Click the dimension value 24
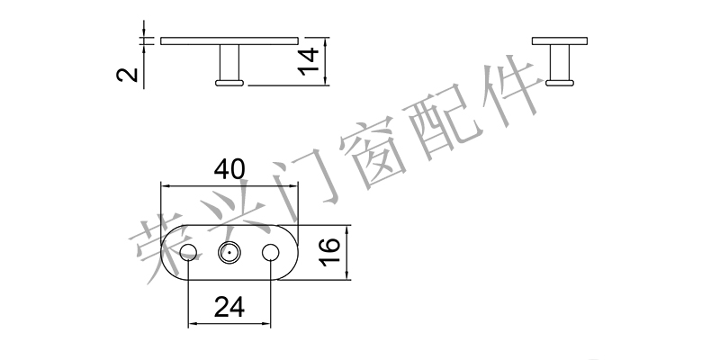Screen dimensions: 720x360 229,308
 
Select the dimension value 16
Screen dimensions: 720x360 328,253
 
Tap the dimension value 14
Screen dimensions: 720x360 309,62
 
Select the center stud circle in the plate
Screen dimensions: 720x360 229,254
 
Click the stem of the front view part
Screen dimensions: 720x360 230,62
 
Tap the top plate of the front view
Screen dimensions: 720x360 229,40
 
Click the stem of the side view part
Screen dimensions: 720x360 560,62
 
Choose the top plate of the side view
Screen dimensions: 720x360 560,40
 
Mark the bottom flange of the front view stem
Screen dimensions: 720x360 230,83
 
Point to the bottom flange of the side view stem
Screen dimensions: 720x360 560,83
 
